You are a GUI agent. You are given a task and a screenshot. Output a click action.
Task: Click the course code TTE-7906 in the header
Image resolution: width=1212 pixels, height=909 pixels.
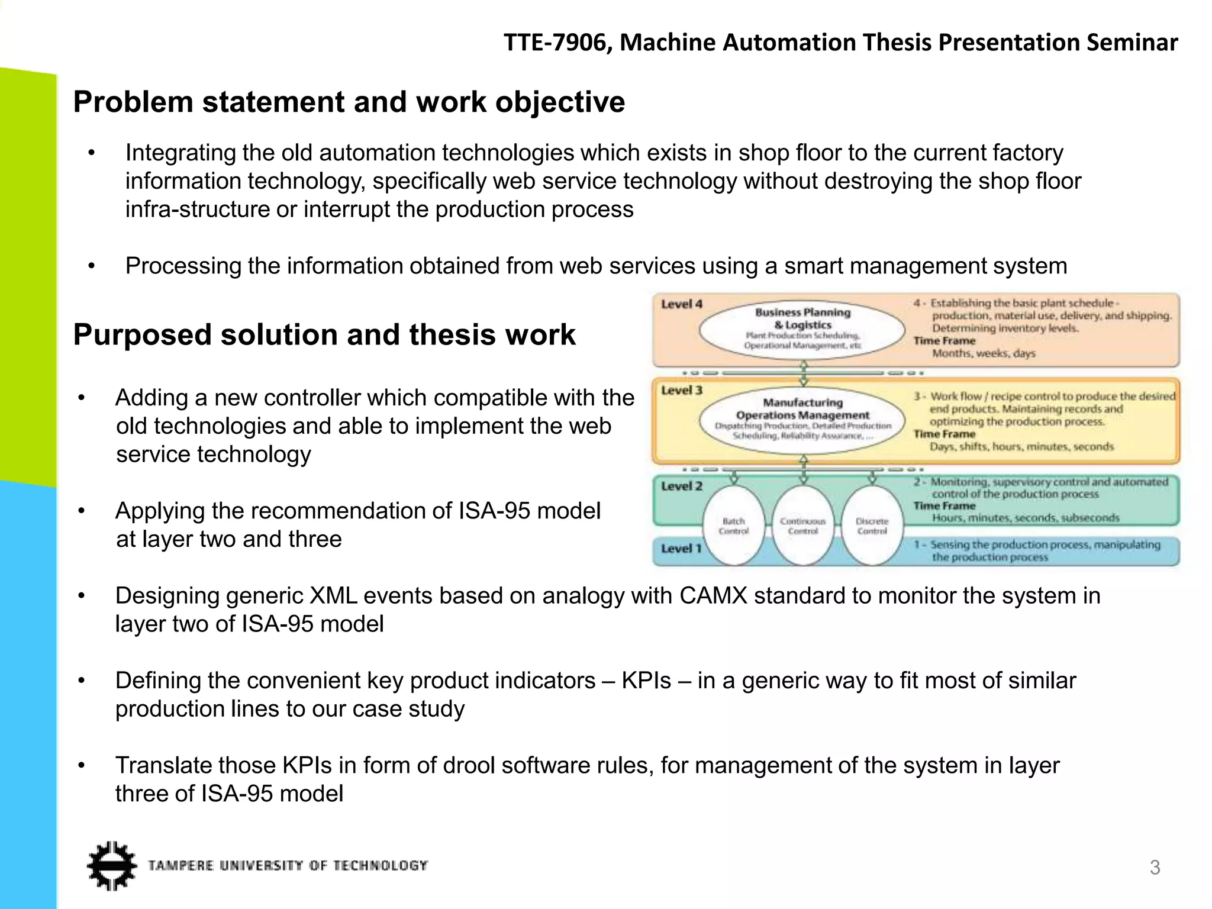pos(557,43)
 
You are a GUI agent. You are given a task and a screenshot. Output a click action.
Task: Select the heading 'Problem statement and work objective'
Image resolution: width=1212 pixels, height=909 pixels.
pos(349,102)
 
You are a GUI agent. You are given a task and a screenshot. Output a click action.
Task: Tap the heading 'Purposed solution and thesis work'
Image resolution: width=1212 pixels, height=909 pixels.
pos(324,335)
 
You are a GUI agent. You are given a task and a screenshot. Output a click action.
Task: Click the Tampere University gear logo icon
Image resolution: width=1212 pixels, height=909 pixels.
pos(111,865)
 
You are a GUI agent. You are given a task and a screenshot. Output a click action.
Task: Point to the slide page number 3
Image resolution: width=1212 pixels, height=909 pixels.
pos(1155,868)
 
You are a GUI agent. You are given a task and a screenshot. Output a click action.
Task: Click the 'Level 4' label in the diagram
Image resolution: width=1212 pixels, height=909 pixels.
pos(681,304)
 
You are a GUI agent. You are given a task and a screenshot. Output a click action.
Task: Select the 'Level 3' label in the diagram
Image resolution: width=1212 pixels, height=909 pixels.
pos(681,391)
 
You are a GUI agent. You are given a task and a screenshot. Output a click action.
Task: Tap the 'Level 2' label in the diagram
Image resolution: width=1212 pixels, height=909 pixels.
pos(681,486)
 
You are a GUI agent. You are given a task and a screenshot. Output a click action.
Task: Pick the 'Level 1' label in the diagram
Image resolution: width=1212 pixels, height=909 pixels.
pos(681,549)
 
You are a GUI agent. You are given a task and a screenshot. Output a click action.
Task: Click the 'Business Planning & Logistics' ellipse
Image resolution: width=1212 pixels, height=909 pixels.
pos(802,328)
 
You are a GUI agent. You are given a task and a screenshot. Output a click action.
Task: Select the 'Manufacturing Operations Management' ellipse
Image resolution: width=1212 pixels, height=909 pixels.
pos(802,419)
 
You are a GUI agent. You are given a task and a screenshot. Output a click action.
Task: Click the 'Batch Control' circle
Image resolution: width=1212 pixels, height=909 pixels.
pos(734,526)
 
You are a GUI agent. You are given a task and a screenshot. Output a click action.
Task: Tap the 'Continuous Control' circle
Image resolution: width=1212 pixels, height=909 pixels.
pos(802,526)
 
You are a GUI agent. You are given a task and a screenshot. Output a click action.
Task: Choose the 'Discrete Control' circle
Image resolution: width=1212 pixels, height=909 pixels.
pos(872,526)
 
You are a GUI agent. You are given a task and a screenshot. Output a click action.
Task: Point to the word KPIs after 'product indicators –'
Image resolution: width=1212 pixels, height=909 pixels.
pos(646,681)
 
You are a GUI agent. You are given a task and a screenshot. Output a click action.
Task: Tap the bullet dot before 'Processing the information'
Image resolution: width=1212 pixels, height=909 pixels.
pos(91,267)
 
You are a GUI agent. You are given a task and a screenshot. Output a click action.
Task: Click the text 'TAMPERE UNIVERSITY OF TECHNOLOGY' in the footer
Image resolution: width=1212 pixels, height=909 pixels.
pos(288,866)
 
